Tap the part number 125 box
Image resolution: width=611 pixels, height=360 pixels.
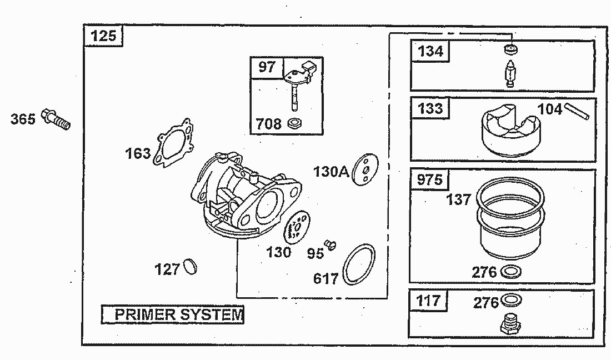click(103, 36)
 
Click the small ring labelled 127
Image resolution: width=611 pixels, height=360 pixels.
click(189, 267)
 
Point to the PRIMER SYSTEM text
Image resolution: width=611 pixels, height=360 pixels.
click(173, 314)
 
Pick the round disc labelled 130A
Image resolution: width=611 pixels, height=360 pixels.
click(365, 169)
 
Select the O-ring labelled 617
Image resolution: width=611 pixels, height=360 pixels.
click(358, 264)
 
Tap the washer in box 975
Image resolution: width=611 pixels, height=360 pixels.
click(512, 272)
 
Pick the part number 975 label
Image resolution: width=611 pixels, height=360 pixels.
click(430, 179)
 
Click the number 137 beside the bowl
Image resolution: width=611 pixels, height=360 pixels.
click(459, 199)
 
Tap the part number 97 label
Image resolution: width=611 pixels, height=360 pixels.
click(267, 67)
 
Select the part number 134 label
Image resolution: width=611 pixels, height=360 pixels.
click(430, 51)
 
